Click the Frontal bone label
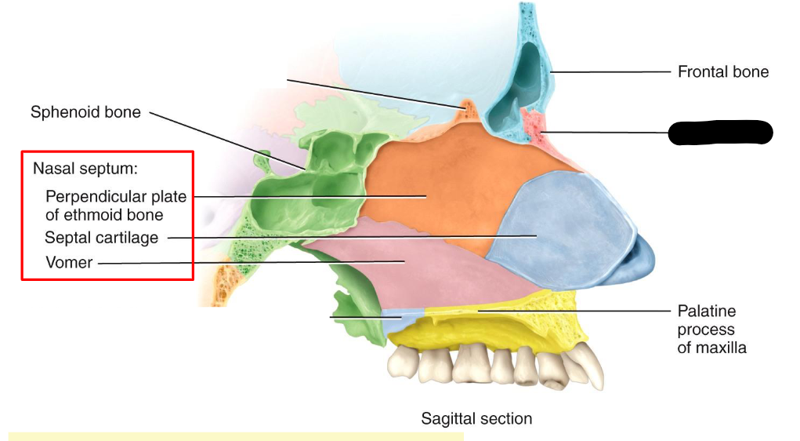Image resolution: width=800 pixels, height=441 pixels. point(722,72)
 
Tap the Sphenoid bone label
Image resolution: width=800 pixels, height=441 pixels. point(85,112)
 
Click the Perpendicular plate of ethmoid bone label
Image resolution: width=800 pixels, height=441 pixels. point(115,205)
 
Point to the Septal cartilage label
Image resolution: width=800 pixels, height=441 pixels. point(101,237)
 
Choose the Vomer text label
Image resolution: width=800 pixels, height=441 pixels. point(69,262)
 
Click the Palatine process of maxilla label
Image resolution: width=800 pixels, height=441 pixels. point(711,329)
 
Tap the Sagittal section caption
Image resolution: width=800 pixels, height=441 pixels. point(476,418)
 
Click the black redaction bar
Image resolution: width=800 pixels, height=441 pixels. point(720,133)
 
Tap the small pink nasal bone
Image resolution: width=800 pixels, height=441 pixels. point(534,126)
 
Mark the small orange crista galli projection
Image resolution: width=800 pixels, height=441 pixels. point(466,108)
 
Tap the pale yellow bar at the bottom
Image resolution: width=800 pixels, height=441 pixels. point(235,436)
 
